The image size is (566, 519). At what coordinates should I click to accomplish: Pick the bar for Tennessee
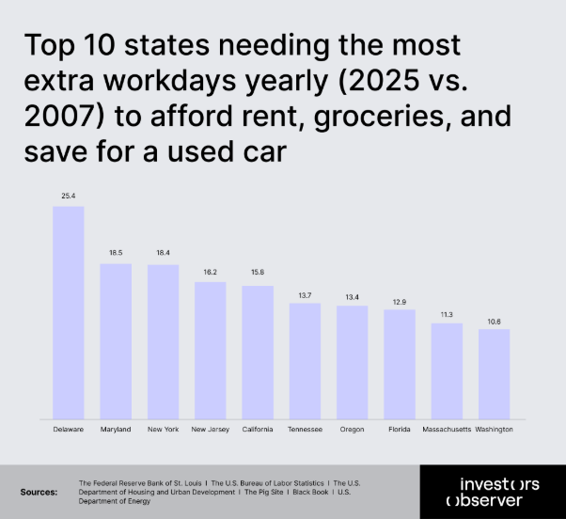click(x=305, y=361)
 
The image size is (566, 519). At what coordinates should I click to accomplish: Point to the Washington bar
click(x=494, y=374)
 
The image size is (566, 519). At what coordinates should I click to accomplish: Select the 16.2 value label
click(x=210, y=272)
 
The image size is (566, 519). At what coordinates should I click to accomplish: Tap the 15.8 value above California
click(x=258, y=275)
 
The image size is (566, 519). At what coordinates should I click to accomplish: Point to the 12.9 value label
click(x=399, y=301)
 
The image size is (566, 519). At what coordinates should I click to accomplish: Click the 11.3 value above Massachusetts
click(x=447, y=314)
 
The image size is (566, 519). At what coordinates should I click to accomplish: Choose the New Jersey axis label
click(x=210, y=429)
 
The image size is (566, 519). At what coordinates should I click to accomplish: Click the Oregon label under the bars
click(x=352, y=429)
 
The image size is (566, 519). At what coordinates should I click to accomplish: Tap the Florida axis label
click(x=399, y=429)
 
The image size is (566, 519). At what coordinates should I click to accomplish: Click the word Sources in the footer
click(x=39, y=492)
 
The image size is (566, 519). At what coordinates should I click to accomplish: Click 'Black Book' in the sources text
click(x=310, y=492)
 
